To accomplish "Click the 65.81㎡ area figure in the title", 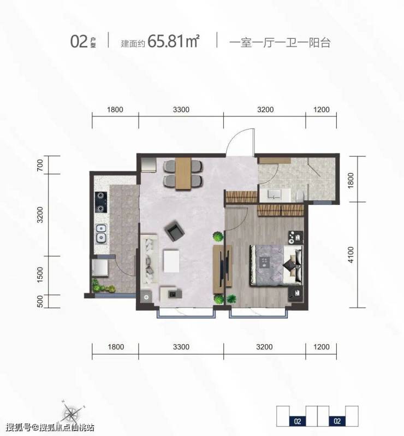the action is click(x=174, y=41).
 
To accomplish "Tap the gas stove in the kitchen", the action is click(x=101, y=202).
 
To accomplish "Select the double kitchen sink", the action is click(x=101, y=234).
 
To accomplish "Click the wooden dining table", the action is click(x=183, y=174).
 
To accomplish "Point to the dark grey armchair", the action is click(x=175, y=231).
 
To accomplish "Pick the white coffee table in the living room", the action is click(x=171, y=261).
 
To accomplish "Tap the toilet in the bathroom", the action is click(x=300, y=196).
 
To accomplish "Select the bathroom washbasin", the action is click(x=275, y=195).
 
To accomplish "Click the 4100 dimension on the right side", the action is click(x=351, y=255).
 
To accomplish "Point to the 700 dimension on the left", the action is click(x=40, y=165).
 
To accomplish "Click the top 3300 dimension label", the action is click(x=181, y=110).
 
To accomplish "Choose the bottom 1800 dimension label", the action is click(x=116, y=347).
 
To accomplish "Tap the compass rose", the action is click(x=72, y=413).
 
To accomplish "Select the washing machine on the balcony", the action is click(x=100, y=268).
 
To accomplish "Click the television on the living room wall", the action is click(x=222, y=266).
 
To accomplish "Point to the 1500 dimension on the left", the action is click(x=40, y=275).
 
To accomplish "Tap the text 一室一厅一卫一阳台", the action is click(x=280, y=43).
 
